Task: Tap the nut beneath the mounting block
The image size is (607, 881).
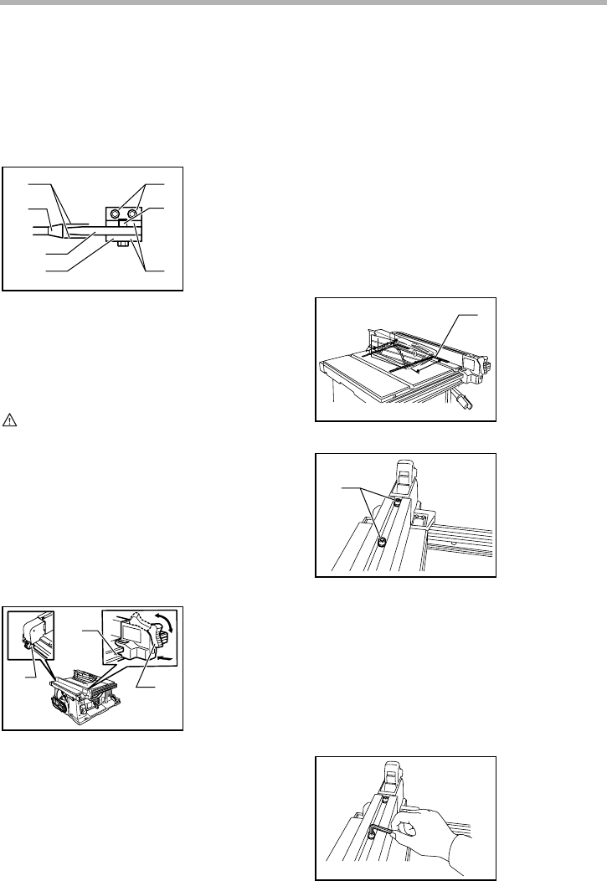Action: (122, 245)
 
